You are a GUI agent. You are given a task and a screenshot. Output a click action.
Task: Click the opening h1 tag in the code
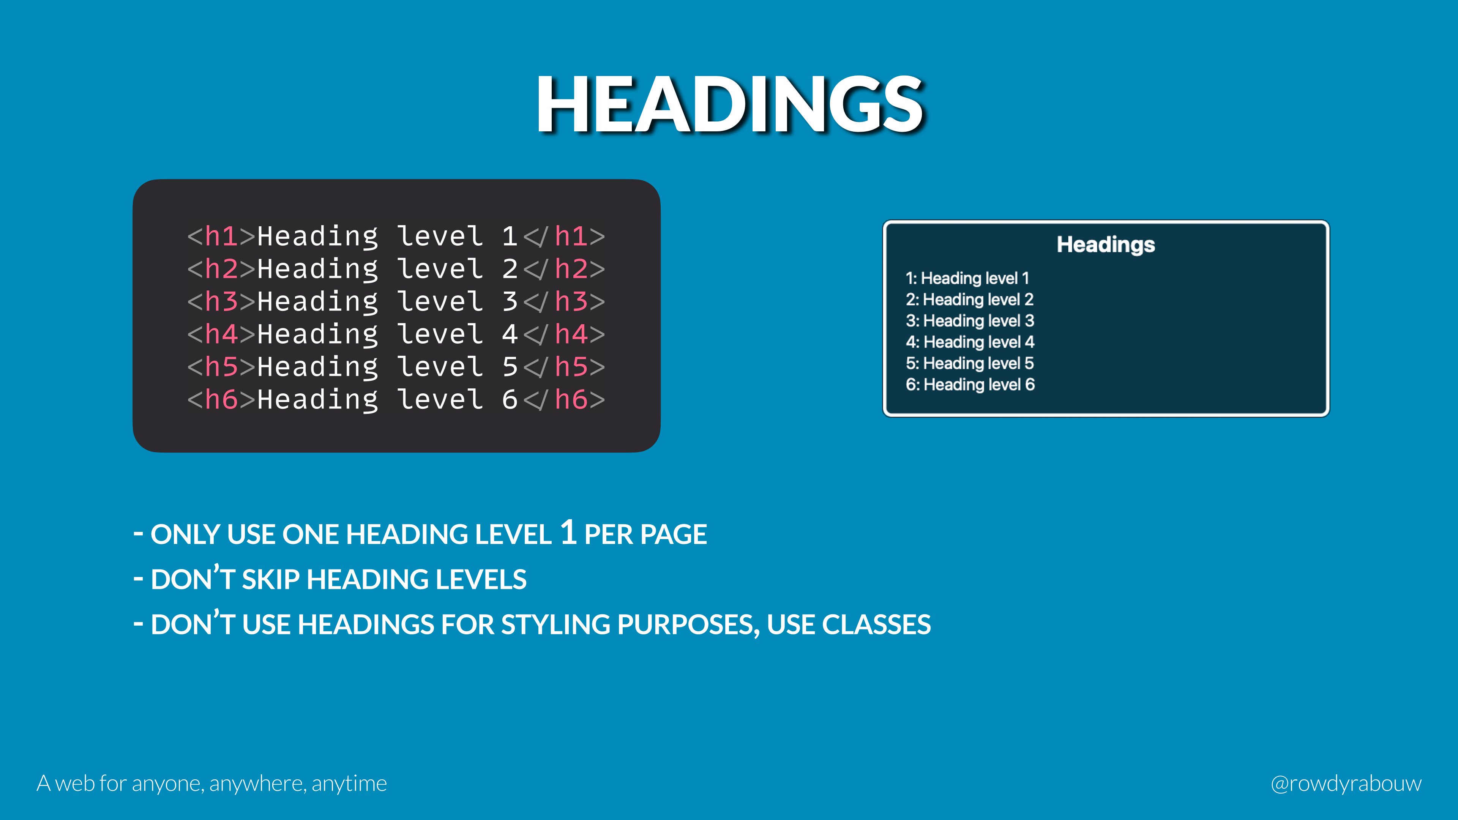[x=221, y=236]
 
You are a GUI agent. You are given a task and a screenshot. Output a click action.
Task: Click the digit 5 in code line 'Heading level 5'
[x=510, y=367]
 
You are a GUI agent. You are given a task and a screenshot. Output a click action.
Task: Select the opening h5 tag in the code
[x=221, y=367]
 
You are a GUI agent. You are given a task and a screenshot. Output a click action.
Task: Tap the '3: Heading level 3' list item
[x=970, y=321]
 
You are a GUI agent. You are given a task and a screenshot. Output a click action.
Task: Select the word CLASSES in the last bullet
[x=876, y=625]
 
